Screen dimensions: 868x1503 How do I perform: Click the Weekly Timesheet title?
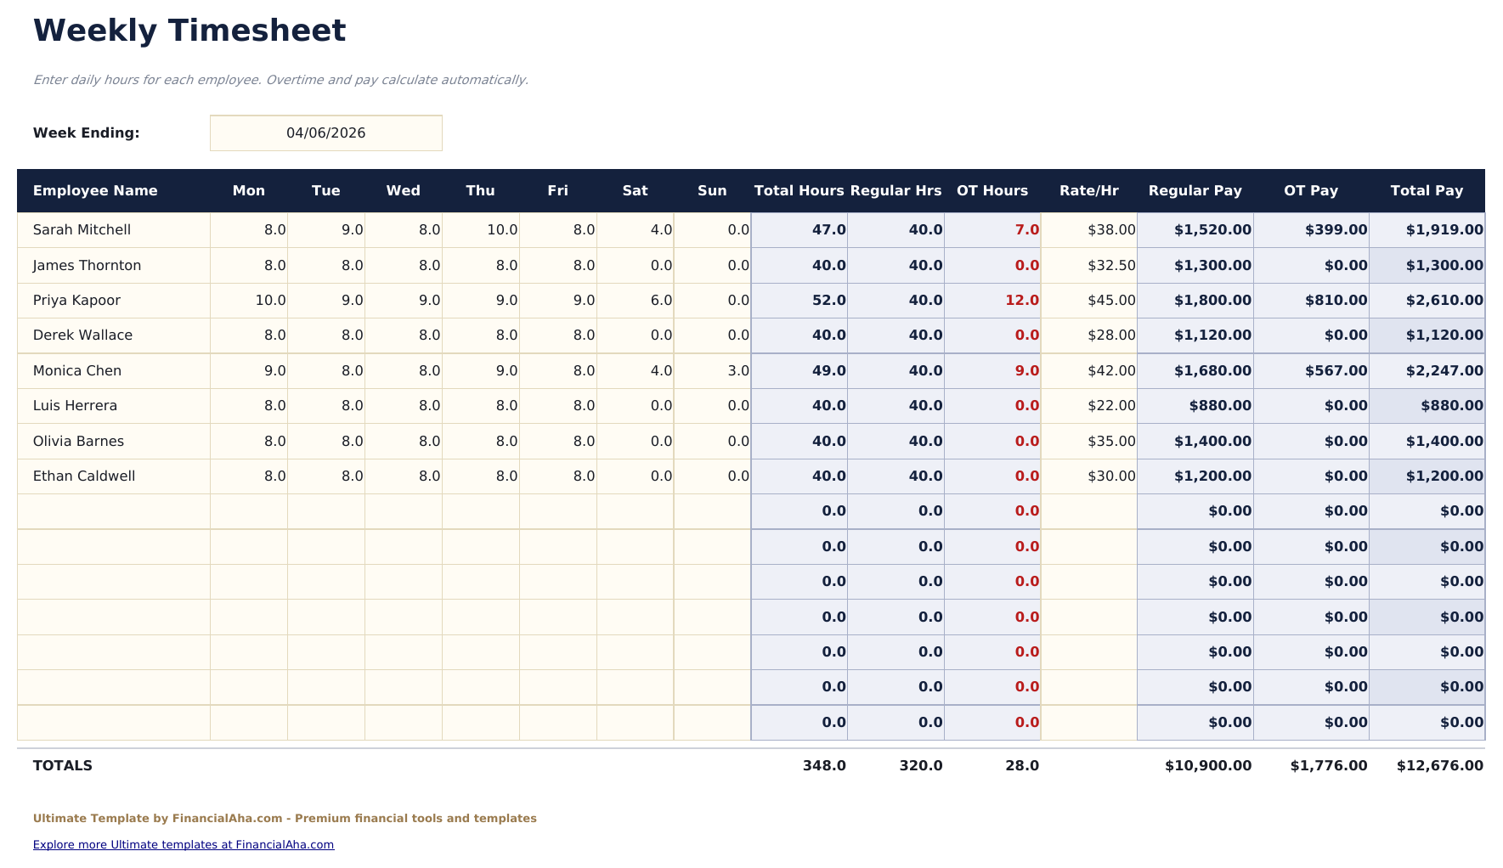click(x=189, y=31)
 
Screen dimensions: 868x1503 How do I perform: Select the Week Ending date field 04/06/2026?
click(x=325, y=133)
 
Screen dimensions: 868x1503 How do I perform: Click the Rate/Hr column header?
click(x=1088, y=191)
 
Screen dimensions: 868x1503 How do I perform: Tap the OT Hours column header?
click(x=992, y=191)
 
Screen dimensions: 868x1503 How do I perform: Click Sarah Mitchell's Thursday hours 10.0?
click(x=501, y=230)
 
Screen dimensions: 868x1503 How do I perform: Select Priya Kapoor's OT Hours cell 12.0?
click(x=1021, y=301)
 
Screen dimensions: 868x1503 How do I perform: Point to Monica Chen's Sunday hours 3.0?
click(x=737, y=371)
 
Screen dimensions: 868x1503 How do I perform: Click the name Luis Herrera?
click(x=75, y=406)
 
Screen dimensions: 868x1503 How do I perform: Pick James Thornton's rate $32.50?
click(x=1110, y=266)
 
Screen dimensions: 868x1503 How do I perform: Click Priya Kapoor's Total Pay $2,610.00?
click(x=1444, y=301)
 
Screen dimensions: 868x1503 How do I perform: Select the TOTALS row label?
click(x=62, y=766)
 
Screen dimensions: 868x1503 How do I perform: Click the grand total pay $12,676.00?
click(x=1439, y=766)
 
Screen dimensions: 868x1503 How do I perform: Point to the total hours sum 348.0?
click(x=823, y=766)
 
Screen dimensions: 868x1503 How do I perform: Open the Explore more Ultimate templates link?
click(x=183, y=845)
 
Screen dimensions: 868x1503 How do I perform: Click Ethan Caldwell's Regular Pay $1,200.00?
click(x=1212, y=476)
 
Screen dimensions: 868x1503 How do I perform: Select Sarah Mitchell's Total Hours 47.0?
click(x=828, y=230)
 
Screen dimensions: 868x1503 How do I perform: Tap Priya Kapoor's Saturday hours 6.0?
click(x=660, y=301)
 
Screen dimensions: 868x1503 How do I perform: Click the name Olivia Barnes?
click(x=78, y=442)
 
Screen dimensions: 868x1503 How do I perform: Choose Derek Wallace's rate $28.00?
click(x=1110, y=335)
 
